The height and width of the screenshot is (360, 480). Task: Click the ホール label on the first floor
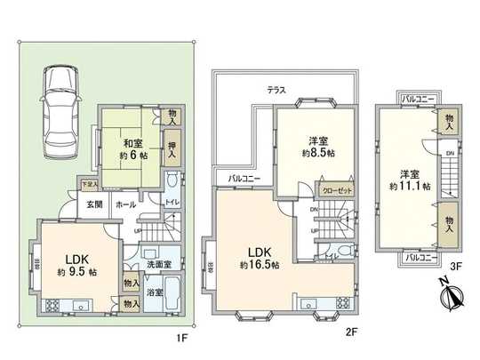(125, 204)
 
